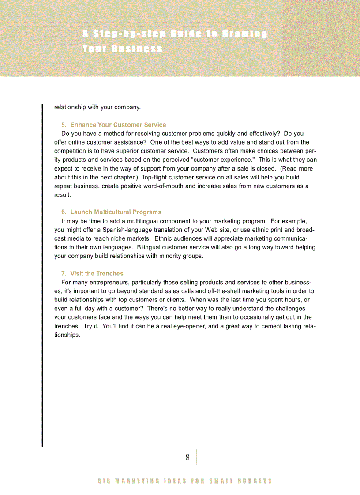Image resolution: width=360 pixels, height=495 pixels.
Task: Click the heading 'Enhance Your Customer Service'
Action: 118,125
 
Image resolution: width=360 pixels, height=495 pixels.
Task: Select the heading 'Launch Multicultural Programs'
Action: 116,212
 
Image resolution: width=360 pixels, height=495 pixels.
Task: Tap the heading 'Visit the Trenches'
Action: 97,273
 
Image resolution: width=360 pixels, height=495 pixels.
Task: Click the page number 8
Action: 187,458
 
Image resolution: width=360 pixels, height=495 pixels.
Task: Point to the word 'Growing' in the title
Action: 244,34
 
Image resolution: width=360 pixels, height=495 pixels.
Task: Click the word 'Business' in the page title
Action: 137,48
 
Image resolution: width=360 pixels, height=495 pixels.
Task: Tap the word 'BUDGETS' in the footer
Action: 255,481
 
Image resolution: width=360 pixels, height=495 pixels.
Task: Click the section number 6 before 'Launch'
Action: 64,212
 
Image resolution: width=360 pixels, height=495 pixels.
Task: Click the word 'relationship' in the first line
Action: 70,107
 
